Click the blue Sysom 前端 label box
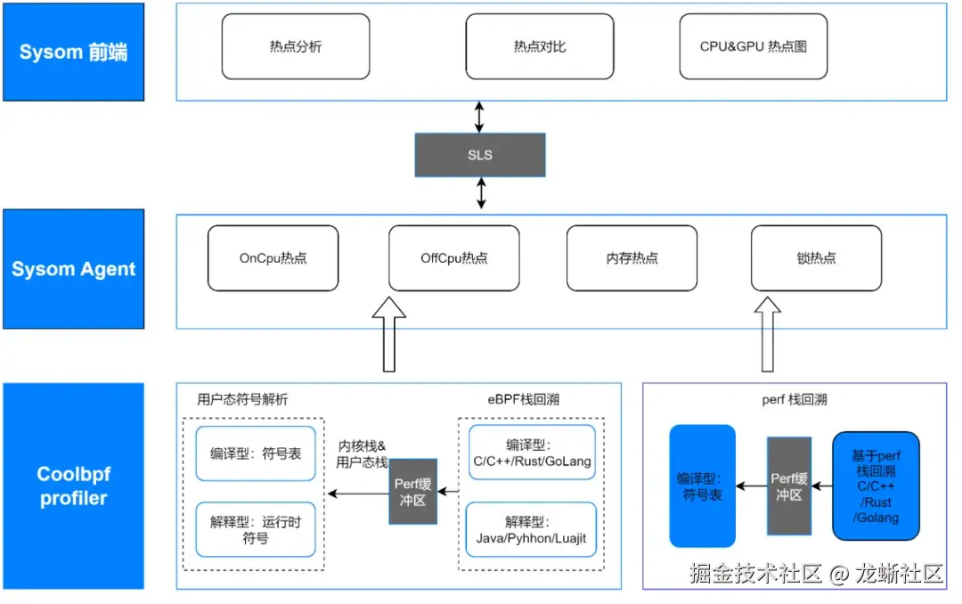(x=73, y=52)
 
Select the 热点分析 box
(x=295, y=46)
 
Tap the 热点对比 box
(x=539, y=46)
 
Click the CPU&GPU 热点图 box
(x=753, y=46)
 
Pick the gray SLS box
(x=480, y=155)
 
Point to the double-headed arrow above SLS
(x=480, y=117)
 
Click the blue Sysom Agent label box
(x=73, y=269)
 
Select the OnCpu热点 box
(x=273, y=258)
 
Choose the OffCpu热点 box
(x=454, y=258)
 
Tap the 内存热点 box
(x=632, y=258)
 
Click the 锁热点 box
(x=816, y=258)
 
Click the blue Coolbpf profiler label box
(x=73, y=486)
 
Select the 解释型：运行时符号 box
(x=256, y=530)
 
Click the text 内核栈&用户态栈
(x=362, y=453)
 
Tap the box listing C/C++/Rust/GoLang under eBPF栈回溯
(x=532, y=453)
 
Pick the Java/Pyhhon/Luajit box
(x=532, y=530)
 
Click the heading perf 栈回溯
(x=794, y=399)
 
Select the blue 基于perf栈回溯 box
(x=876, y=486)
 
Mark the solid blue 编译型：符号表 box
(x=702, y=486)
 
